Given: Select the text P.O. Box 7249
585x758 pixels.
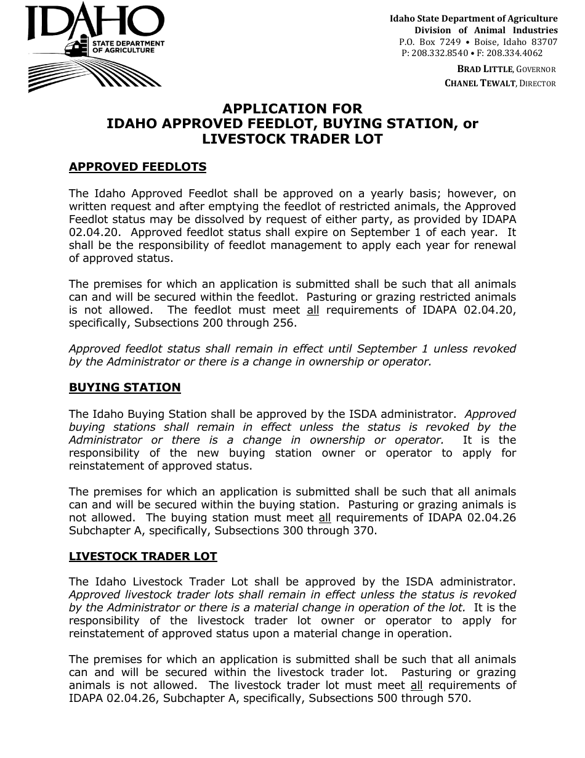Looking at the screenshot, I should click(430, 42).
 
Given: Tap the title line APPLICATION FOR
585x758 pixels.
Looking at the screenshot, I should click(292, 109).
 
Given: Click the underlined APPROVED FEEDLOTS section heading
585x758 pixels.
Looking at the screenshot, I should click(137, 167).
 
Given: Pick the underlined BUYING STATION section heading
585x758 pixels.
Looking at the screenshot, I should click(124, 388).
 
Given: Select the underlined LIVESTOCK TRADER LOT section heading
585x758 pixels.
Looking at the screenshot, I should click(143, 556).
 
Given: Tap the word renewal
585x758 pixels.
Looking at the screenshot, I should click(494, 245).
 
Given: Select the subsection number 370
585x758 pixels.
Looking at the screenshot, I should click(363, 531).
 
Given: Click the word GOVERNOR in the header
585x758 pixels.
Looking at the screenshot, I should click(536, 70).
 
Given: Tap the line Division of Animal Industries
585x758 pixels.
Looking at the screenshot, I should click(486, 30).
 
